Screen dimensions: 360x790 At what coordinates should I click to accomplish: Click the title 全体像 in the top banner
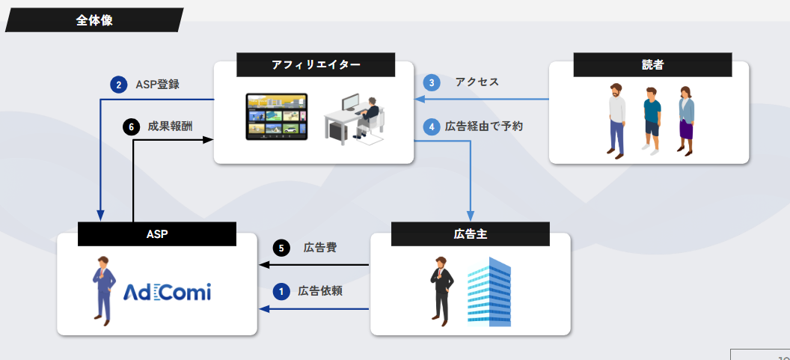pos(94,20)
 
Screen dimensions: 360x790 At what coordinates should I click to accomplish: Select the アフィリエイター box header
pos(316,65)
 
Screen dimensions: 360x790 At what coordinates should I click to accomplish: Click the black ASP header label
pos(157,234)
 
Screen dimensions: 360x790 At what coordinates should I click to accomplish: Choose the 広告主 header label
pos(471,234)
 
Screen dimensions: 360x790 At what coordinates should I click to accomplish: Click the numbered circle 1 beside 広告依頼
pos(281,291)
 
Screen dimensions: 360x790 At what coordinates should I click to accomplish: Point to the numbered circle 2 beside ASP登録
pos(118,85)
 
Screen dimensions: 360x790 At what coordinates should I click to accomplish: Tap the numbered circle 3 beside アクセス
pos(432,82)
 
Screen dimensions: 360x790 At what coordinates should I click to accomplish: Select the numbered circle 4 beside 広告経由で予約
pos(432,126)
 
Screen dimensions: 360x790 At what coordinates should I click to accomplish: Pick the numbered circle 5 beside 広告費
pos(281,248)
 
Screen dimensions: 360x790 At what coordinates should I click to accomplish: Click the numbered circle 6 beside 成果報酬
pos(131,126)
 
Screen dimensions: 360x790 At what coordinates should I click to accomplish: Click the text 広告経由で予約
pos(484,126)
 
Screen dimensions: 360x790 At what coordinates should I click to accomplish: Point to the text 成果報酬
pos(170,126)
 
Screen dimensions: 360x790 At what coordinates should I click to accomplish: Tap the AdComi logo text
pos(167,291)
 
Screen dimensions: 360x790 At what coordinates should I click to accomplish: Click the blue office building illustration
pos(489,291)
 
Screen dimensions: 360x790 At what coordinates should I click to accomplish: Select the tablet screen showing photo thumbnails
pos(277,117)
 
